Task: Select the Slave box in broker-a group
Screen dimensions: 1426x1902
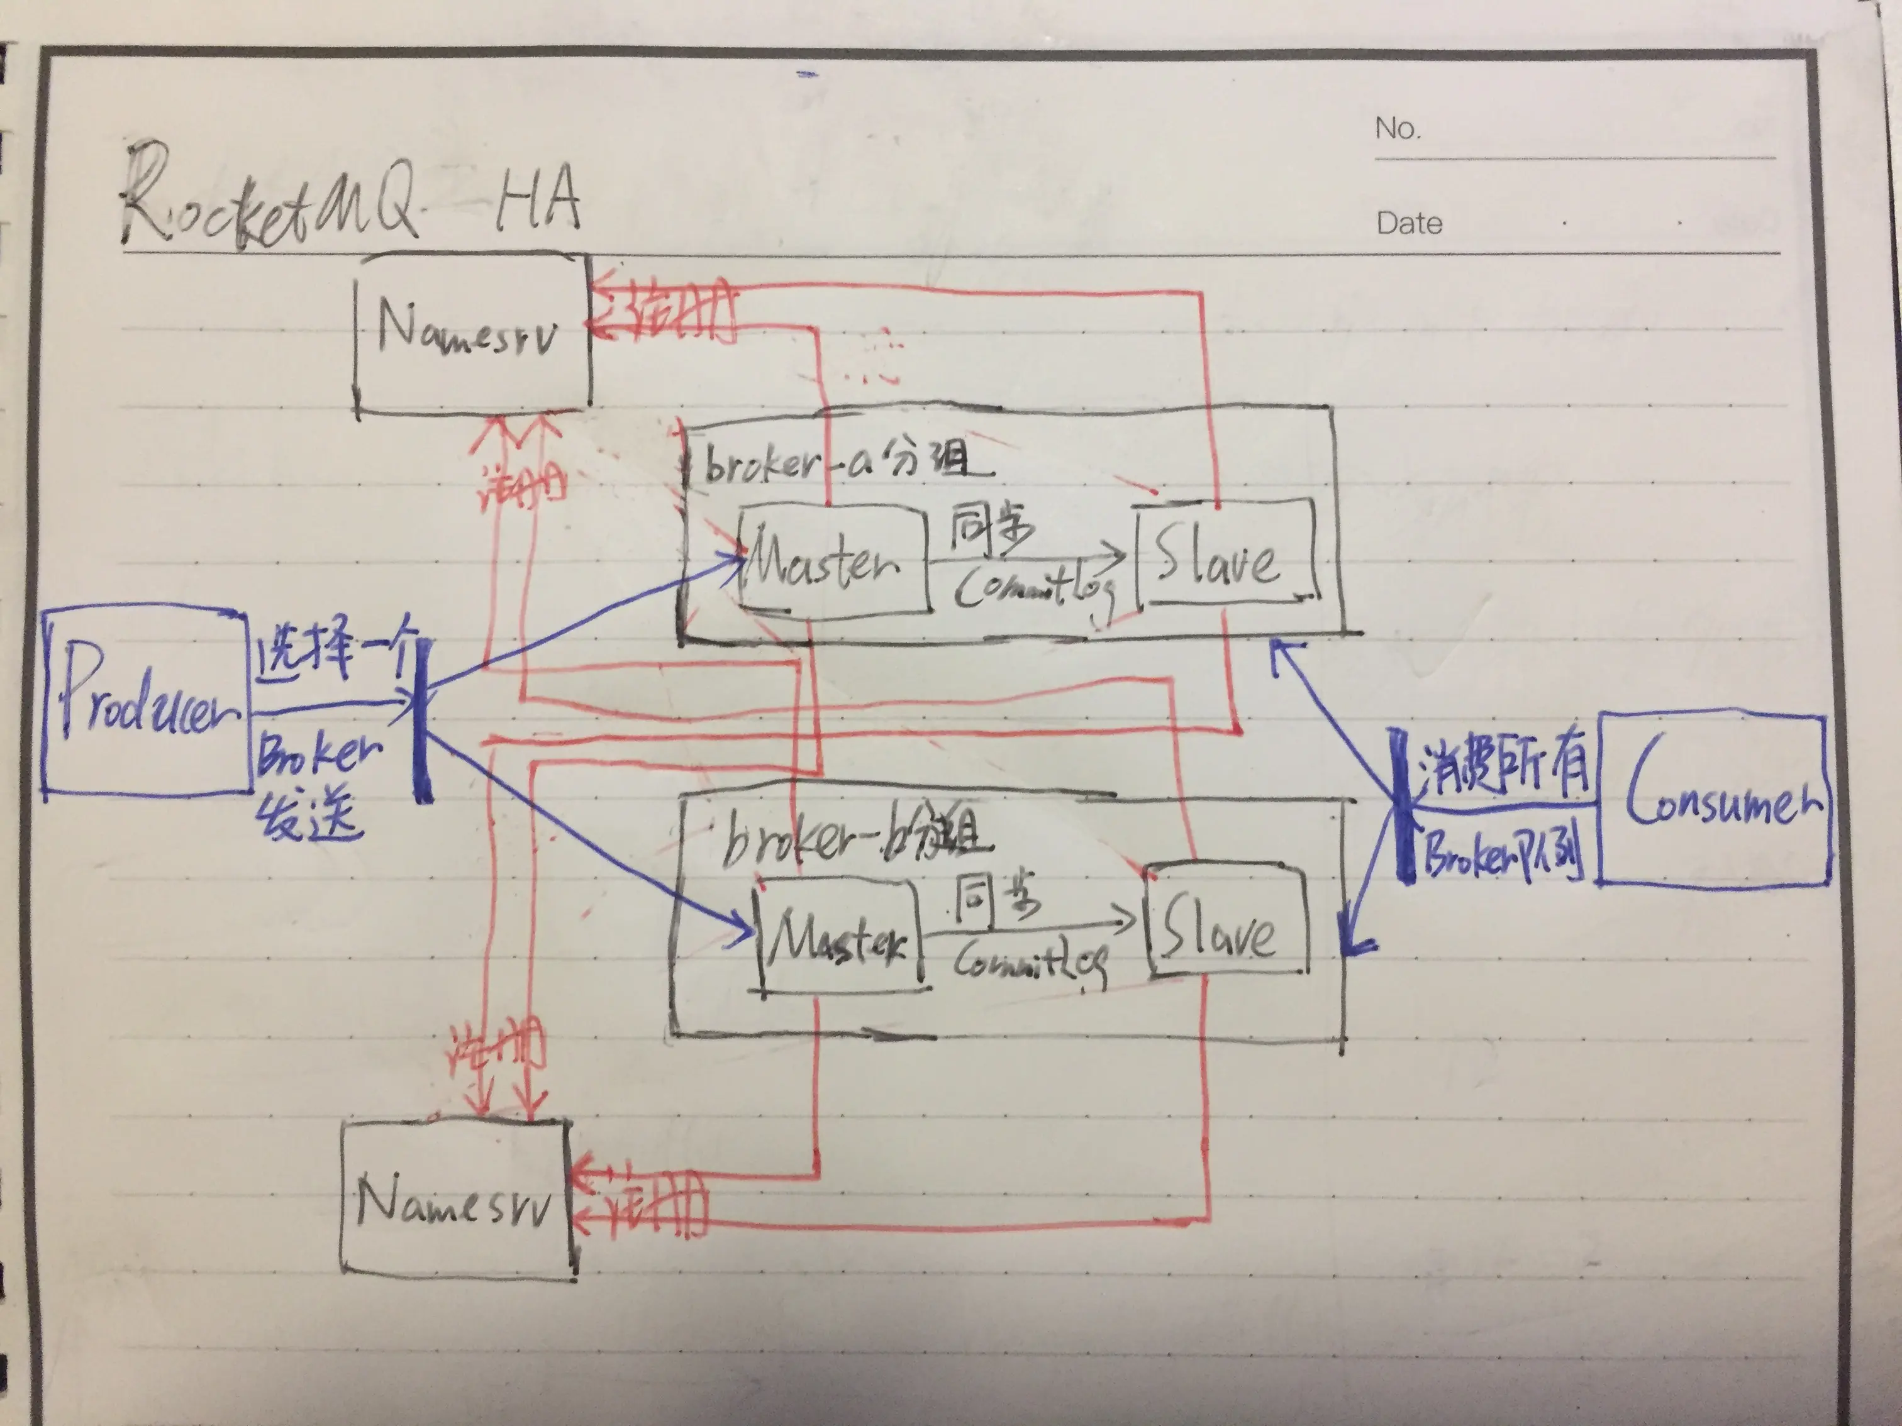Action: point(1225,555)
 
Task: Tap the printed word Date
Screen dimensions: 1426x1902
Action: point(1408,223)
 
